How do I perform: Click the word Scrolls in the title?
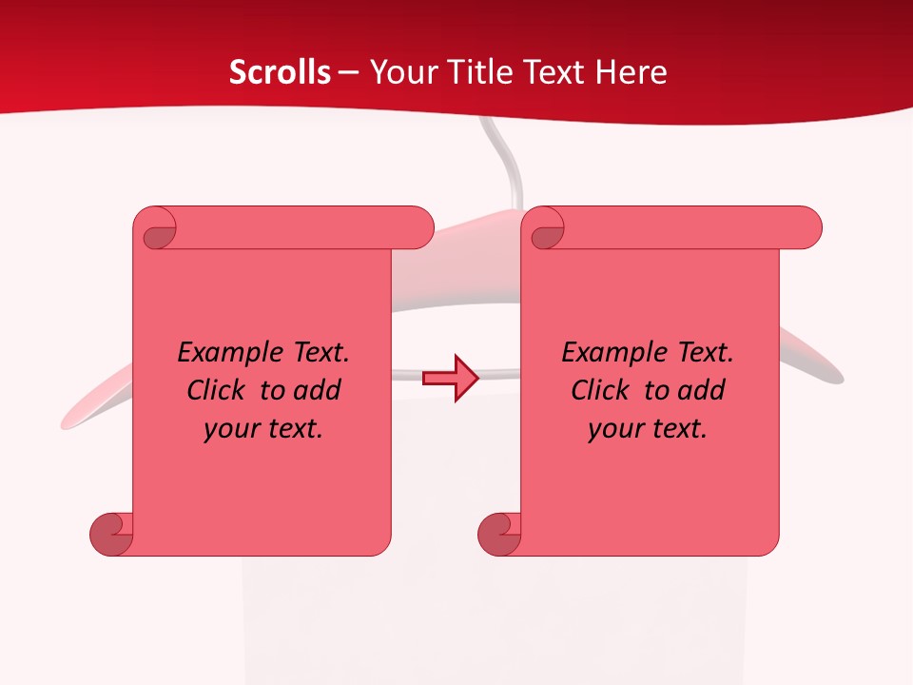tap(280, 72)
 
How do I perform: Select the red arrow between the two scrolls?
tap(451, 379)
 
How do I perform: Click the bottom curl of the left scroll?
tap(112, 532)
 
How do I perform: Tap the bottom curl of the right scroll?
tap(500, 532)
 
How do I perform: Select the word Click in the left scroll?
tap(216, 390)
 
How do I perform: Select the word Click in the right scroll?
tap(600, 390)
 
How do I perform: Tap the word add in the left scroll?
tap(318, 390)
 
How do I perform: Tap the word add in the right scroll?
tap(702, 390)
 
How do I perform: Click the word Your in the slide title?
tap(398, 72)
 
